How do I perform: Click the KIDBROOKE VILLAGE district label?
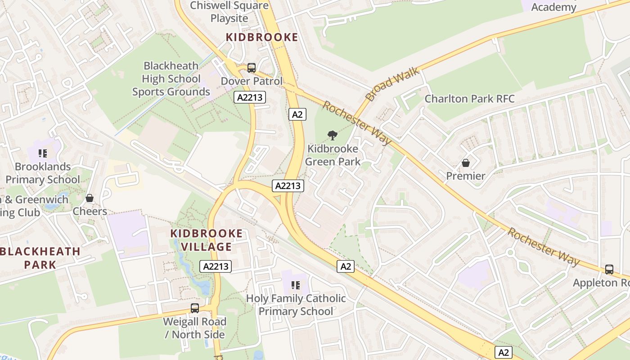pos(207,240)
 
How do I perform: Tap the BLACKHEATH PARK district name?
pos(40,257)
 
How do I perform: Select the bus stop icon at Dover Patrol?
pos(252,68)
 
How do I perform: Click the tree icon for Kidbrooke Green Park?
pos(333,135)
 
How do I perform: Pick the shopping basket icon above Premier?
pos(465,162)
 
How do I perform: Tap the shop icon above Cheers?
pos(90,198)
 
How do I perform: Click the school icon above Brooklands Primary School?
pos(43,153)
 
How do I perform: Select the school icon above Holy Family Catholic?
pos(296,285)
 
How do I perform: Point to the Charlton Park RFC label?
pos(469,99)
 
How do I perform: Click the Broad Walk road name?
pos(392,84)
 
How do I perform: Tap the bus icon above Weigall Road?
pos(194,308)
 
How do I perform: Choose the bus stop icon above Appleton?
pos(609,270)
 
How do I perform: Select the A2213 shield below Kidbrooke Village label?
pos(216,266)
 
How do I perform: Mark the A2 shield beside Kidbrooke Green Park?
pos(297,114)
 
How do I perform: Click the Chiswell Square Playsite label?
pos(229,12)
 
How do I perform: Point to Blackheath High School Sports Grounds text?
pos(171,79)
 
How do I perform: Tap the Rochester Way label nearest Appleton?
pos(543,247)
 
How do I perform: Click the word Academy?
pos(553,7)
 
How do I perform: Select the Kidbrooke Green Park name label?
pos(333,155)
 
